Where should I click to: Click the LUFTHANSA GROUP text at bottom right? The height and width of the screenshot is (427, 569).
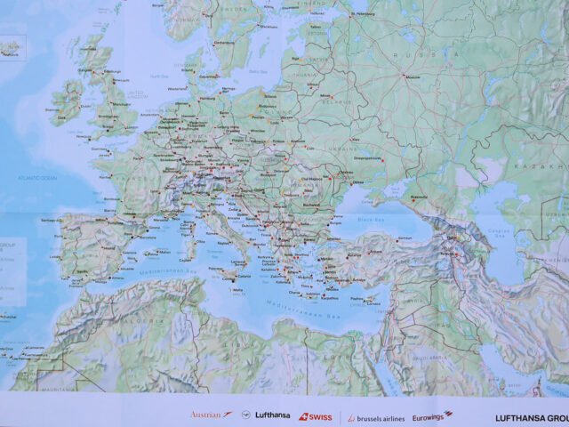(532, 416)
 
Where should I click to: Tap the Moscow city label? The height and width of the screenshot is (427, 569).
(413, 77)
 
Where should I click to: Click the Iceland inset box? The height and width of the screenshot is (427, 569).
(12, 46)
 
